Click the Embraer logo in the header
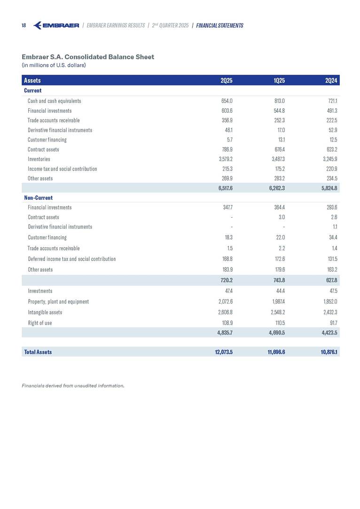tap(56, 25)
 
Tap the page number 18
tap(23, 25)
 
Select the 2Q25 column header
tap(227, 80)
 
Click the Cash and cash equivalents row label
tap(55, 101)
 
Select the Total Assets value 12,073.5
tap(222, 352)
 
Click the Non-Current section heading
tap(38, 197)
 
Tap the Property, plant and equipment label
tap(58, 301)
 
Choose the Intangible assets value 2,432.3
tap(330, 312)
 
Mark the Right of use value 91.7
tap(333, 323)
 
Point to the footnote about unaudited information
tap(73, 386)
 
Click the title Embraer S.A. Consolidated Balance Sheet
tap(88, 57)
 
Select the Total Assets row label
tap(38, 352)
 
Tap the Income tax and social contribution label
tap(63, 169)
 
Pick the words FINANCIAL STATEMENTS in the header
tap(219, 25)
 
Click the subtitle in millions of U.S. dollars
tap(54, 65)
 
